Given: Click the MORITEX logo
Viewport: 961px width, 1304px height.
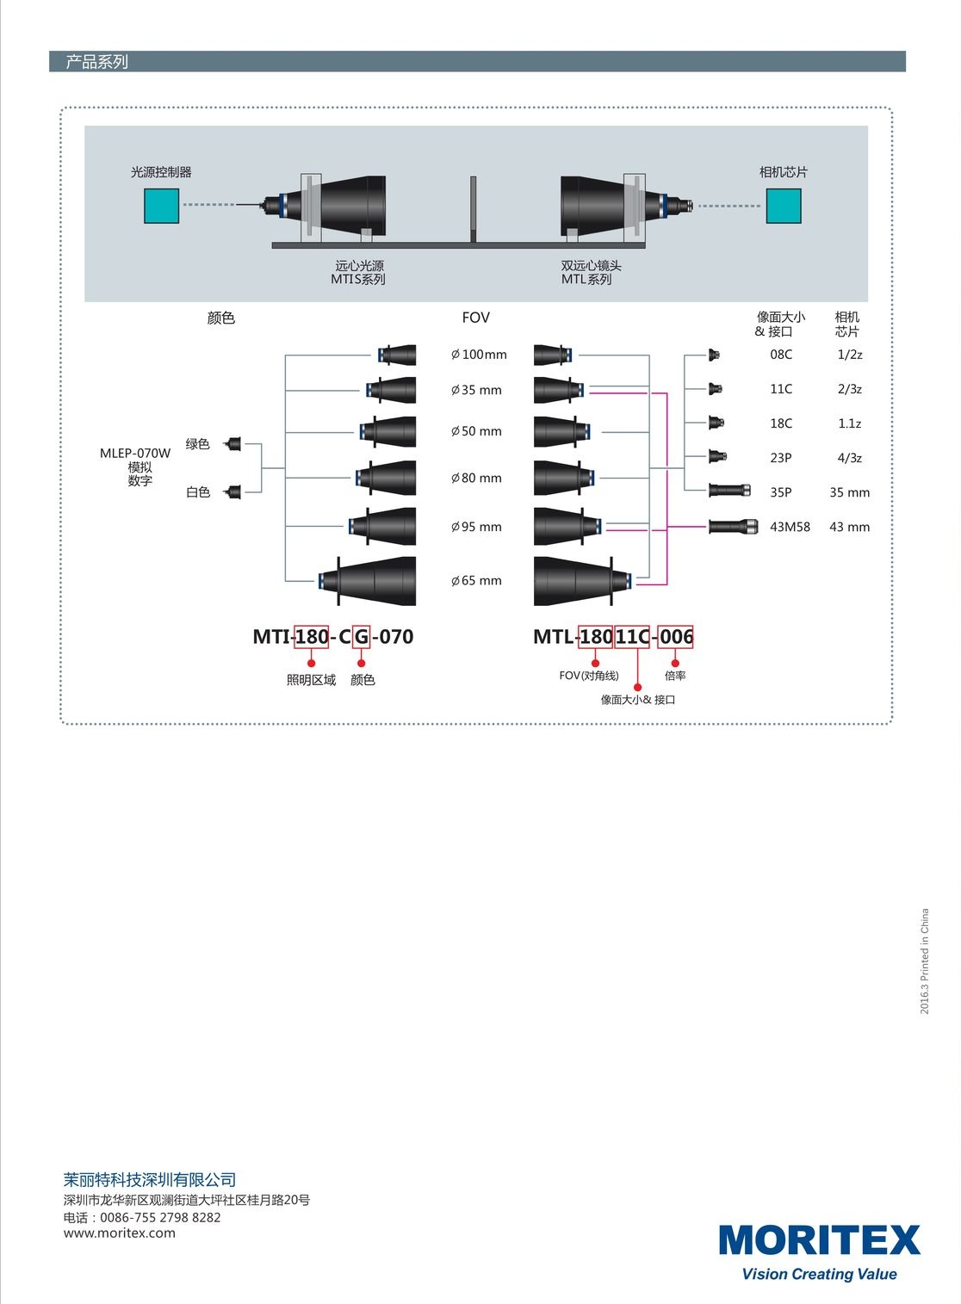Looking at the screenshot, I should coord(819,1241).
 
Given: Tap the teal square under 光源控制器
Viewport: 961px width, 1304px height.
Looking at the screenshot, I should coord(161,206).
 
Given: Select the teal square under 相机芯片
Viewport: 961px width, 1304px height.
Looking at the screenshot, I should coord(784,206).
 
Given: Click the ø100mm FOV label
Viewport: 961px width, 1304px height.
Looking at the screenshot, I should coord(479,355).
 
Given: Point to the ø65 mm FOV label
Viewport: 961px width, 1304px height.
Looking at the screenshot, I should coord(476,581).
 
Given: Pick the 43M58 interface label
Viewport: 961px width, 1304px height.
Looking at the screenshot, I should coord(790,527).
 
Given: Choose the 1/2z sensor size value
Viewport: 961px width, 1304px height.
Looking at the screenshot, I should coord(849,355).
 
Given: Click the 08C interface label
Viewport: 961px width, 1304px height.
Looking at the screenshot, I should coord(781,355).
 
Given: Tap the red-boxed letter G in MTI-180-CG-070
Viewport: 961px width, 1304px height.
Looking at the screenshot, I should coord(362,637).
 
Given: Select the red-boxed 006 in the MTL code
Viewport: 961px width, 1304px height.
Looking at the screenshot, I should coord(676,637).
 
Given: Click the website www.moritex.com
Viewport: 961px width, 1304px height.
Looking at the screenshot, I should coord(119,1233).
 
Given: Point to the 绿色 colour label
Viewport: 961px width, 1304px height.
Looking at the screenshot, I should coord(198,444).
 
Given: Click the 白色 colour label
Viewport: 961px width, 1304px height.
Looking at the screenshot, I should coord(198,492).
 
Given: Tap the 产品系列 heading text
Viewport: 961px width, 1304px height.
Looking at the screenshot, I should coord(96,62).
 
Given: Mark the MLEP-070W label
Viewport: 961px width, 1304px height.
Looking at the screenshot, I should coord(135,453).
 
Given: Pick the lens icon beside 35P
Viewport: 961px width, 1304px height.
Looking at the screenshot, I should coord(729,491).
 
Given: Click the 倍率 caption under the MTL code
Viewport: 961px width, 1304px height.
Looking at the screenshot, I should coord(675,676).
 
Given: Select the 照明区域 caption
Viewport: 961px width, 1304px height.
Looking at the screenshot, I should coord(311,680).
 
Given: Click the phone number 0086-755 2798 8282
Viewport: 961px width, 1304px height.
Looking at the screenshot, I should coord(160,1217).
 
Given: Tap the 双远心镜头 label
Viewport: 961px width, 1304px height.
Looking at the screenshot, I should coord(591,266).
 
